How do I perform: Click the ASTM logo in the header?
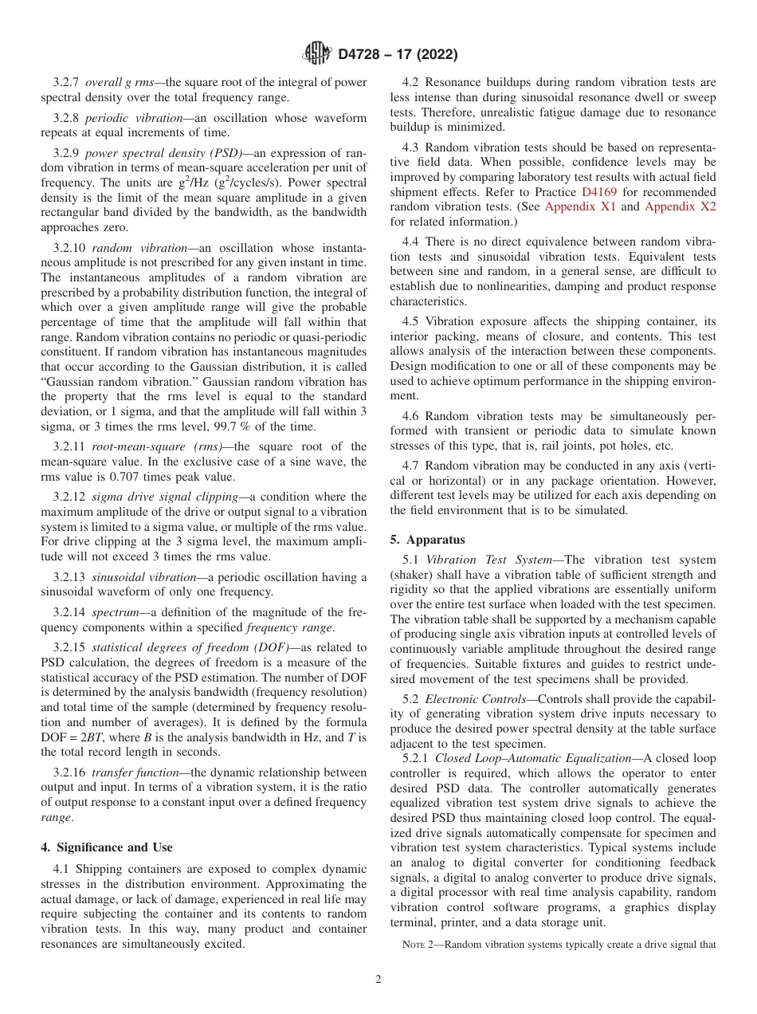pos(316,54)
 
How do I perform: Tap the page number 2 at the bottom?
pos(378,980)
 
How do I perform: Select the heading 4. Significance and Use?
pos(107,847)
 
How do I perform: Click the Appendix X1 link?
pos(580,206)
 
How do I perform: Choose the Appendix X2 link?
pos(680,206)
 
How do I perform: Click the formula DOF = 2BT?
pos(76,738)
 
